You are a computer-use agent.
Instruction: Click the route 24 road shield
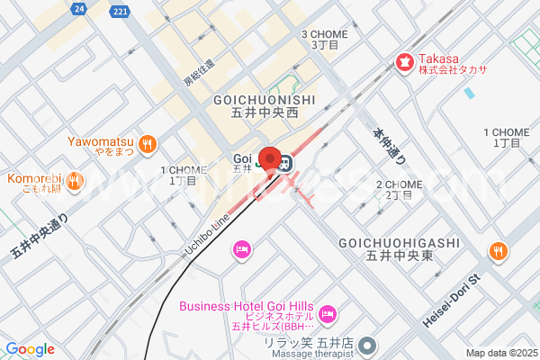pos(79,8)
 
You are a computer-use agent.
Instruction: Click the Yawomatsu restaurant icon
pos(148,142)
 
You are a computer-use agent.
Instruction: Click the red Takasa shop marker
pos(404,63)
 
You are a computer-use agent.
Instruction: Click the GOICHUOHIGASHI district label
pos(399,243)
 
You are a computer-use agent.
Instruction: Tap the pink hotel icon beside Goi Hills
pos(328,312)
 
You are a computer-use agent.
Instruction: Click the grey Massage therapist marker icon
pos(365,346)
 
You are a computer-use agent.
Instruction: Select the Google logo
pos(30,349)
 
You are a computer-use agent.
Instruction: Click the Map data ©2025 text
pos(500,352)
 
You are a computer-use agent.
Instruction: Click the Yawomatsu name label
pos(100,141)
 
